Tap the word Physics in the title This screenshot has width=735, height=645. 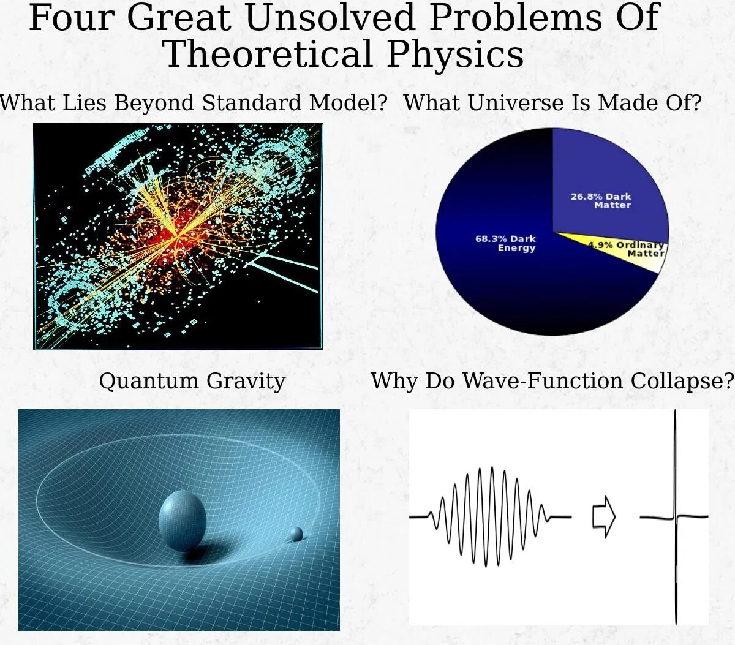[x=454, y=54]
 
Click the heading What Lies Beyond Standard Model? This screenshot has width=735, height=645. [x=193, y=102]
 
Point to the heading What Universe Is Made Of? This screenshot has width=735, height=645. [x=552, y=102]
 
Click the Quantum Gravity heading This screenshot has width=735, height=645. [x=192, y=380]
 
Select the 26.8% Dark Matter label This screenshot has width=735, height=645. [x=601, y=200]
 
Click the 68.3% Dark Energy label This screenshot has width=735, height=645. [x=506, y=243]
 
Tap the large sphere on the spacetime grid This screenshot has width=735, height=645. [x=182, y=519]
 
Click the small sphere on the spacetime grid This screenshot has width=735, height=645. [x=296, y=534]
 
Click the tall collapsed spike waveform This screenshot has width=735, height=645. [x=676, y=516]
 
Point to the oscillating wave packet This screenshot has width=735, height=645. [x=490, y=516]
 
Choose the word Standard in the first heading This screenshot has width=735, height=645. [x=254, y=102]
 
